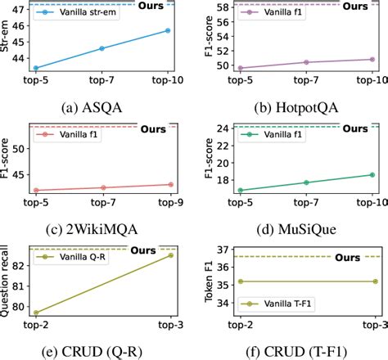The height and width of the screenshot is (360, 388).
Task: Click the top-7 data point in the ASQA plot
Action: (x=102, y=48)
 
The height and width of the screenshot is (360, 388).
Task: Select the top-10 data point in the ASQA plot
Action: (x=167, y=30)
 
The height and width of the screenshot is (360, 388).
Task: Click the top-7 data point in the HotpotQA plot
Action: (x=306, y=62)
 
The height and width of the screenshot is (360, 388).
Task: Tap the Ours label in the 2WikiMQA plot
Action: (x=152, y=129)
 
